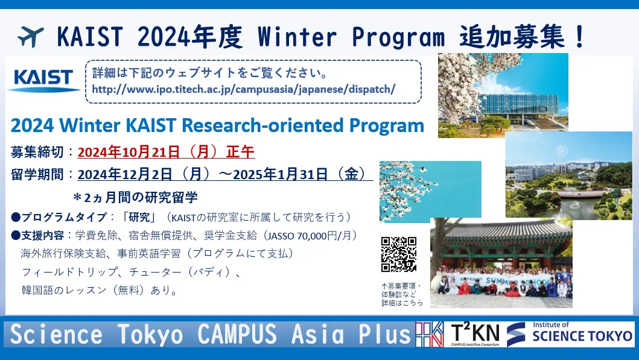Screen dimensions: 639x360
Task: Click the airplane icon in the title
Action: click(31, 37)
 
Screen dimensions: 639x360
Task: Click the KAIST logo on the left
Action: click(43, 80)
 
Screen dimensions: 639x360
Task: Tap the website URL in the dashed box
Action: click(244, 89)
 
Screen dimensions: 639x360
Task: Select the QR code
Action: click(399, 254)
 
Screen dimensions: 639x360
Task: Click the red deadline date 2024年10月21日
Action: click(129, 152)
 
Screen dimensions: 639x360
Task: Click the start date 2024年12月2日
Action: click(125, 174)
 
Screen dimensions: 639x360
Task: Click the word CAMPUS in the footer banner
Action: click(237, 334)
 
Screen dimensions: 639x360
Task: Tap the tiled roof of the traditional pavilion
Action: click(501, 230)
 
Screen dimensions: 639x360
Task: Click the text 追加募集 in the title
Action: click(512, 37)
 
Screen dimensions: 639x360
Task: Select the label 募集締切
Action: click(37, 152)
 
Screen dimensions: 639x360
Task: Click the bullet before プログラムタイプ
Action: click(16, 217)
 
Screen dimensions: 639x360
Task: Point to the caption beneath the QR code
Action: click(402, 294)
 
